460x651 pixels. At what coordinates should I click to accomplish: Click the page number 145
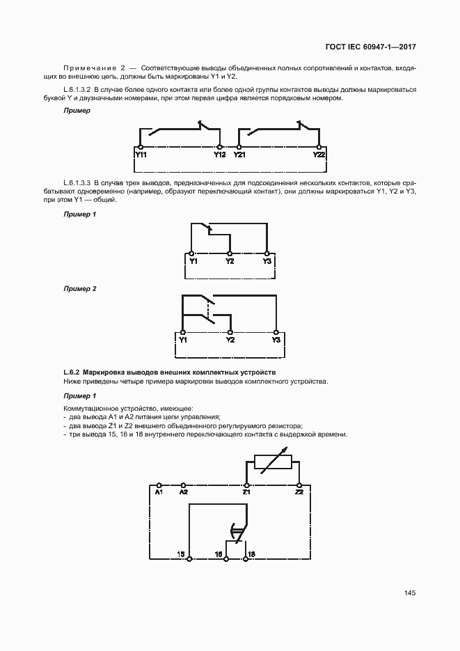409,593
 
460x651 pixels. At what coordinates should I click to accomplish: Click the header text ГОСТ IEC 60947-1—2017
371,48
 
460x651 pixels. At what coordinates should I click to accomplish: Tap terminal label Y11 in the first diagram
140,155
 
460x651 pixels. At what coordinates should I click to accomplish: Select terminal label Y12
220,155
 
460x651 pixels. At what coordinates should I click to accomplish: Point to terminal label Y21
239,155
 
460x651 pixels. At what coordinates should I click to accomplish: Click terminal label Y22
319,155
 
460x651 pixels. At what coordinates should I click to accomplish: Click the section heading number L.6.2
72,372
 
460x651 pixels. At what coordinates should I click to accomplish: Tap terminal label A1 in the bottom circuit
159,492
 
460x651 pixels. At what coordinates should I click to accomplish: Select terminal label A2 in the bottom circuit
184,492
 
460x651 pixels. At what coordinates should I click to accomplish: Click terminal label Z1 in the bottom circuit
246,492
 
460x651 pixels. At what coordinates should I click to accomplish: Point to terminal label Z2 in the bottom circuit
299,492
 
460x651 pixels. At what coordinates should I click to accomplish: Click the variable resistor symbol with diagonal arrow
272,462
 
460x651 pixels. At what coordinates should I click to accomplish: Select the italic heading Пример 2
80,288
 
